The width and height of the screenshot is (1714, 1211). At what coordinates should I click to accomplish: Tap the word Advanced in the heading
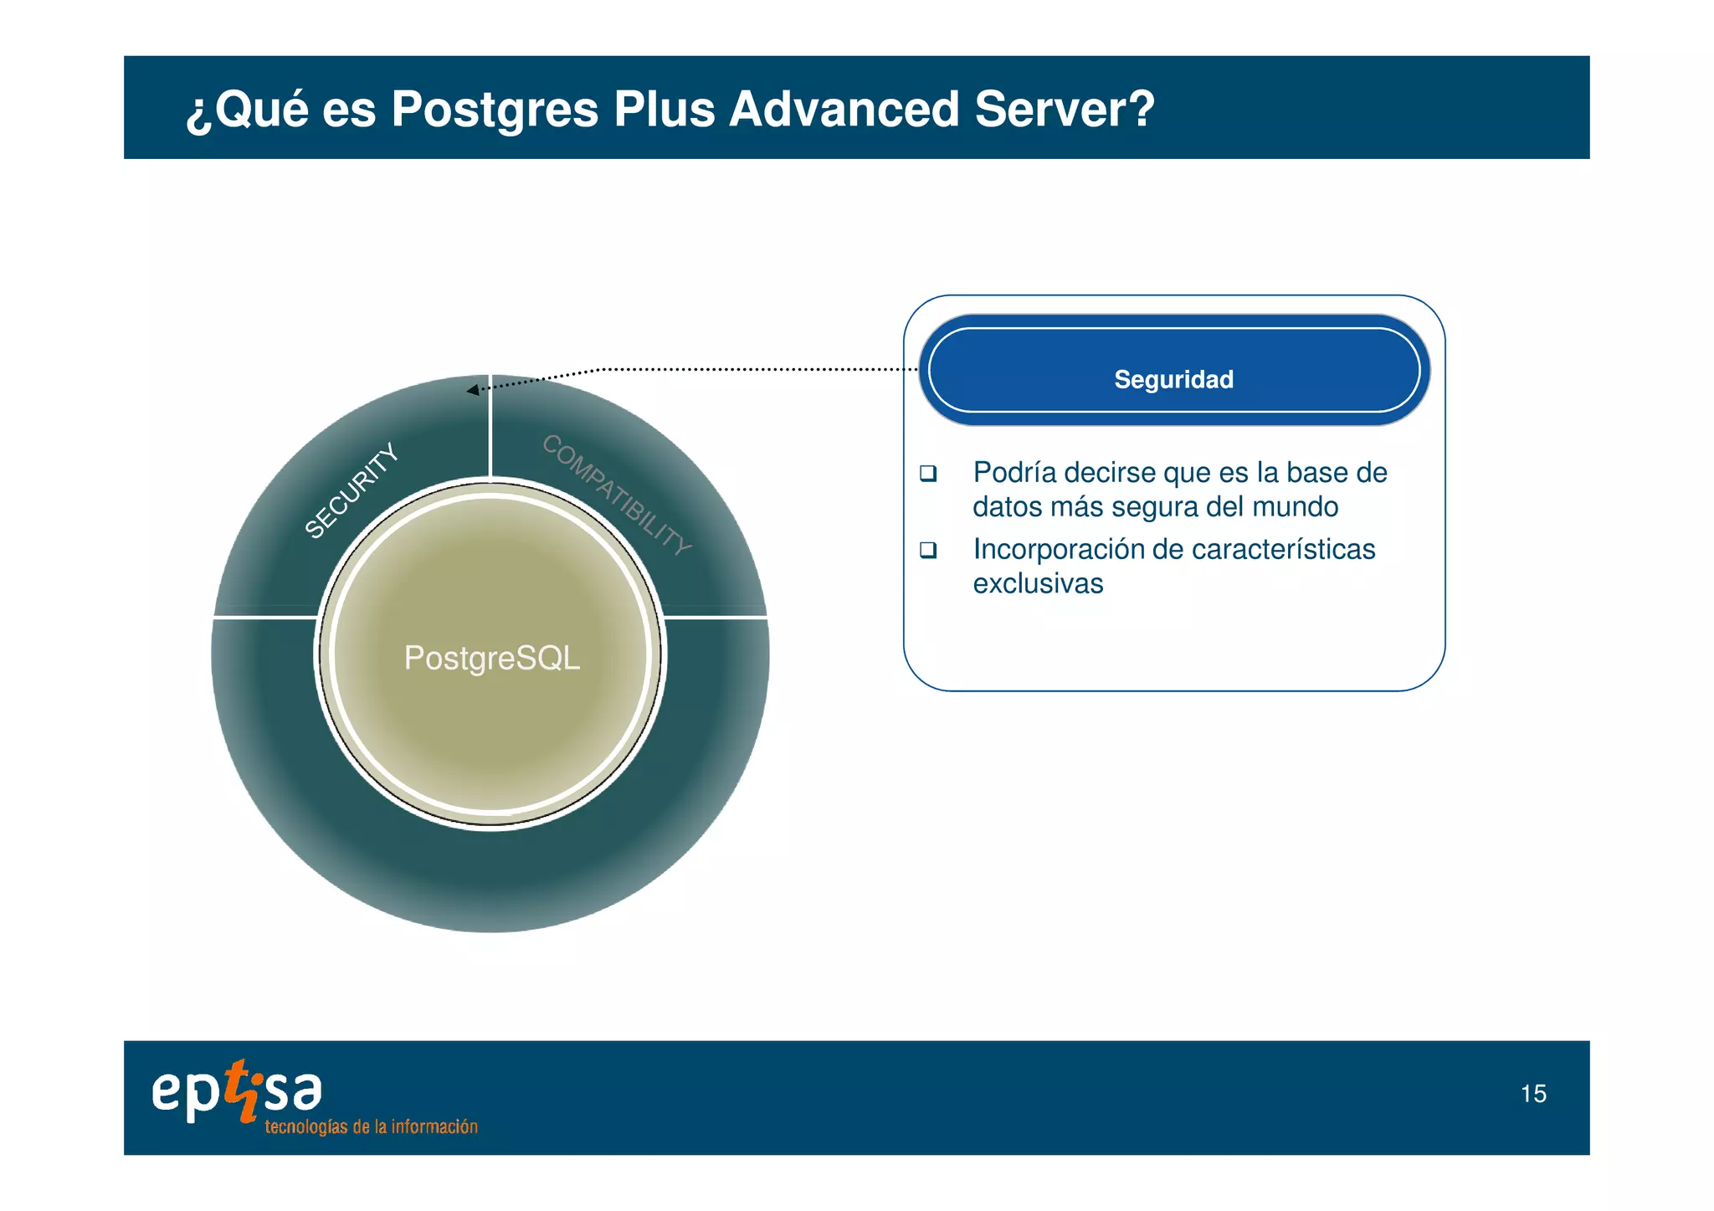click(844, 109)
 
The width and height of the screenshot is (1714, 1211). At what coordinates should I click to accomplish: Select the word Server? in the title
click(1065, 109)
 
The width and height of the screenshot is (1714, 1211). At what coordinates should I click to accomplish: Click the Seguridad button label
click(1173, 379)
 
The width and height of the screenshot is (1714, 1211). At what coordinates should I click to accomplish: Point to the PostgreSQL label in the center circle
click(491, 658)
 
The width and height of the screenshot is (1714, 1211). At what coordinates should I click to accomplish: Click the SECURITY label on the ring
click(351, 490)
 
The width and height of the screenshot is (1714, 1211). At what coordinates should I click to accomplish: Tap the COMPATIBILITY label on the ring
click(617, 494)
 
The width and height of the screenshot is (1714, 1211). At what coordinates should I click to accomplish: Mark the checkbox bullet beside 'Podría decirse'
click(927, 473)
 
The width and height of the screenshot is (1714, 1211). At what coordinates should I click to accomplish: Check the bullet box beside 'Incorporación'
click(927, 550)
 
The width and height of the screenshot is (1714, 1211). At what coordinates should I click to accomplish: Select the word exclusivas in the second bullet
click(1038, 583)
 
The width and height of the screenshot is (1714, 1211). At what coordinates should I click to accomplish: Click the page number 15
click(1533, 1094)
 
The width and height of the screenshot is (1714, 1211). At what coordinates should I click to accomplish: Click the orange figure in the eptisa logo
click(244, 1090)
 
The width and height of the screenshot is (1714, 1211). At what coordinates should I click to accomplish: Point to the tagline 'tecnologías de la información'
click(371, 1127)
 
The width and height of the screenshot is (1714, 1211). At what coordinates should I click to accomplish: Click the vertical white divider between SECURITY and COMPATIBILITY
click(490, 427)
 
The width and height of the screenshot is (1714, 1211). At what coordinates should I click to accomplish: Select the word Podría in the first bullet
click(1014, 473)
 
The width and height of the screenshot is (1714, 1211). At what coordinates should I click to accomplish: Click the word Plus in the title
click(664, 109)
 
